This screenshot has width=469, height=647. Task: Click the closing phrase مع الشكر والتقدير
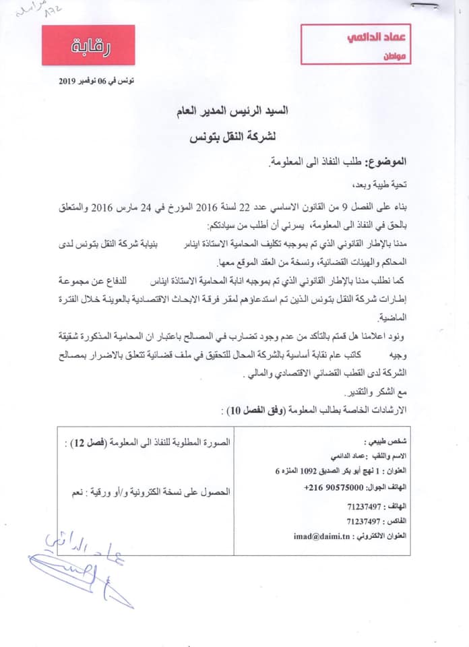coord(375,392)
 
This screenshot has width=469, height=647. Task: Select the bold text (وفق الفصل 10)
coord(253,409)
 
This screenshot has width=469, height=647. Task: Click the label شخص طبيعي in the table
coord(385,442)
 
